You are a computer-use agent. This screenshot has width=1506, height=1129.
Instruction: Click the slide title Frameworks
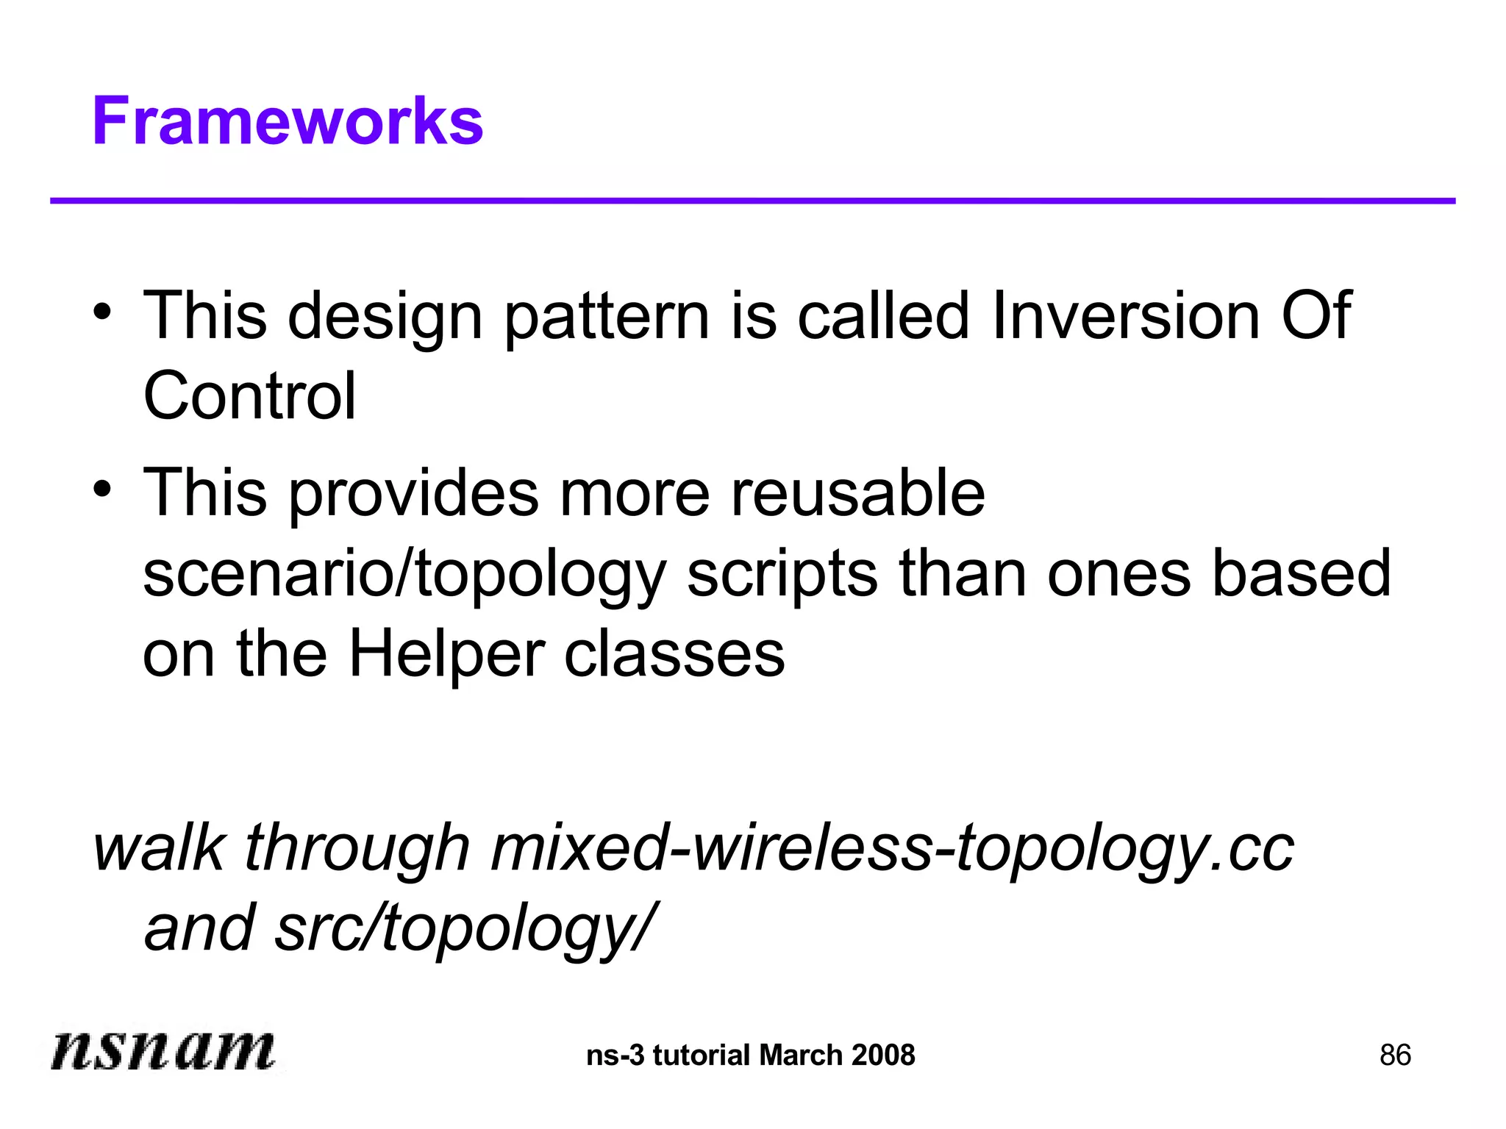tap(288, 121)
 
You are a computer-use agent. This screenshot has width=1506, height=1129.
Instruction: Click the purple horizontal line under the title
tap(752, 201)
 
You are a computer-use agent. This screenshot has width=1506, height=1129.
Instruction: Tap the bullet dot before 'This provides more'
tap(102, 487)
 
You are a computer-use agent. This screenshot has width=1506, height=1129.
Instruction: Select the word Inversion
tap(1125, 315)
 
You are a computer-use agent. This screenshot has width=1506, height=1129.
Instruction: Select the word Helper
tap(446, 654)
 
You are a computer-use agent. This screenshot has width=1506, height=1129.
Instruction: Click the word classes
tap(674, 654)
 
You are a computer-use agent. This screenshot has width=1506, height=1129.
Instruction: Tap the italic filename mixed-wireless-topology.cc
tap(891, 849)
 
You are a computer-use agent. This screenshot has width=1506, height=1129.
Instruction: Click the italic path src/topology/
tap(463, 928)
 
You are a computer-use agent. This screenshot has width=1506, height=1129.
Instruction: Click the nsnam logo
tap(163, 1050)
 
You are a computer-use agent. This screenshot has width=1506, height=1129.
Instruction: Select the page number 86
tap(1395, 1055)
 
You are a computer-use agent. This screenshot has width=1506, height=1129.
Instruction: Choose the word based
tap(1301, 573)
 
